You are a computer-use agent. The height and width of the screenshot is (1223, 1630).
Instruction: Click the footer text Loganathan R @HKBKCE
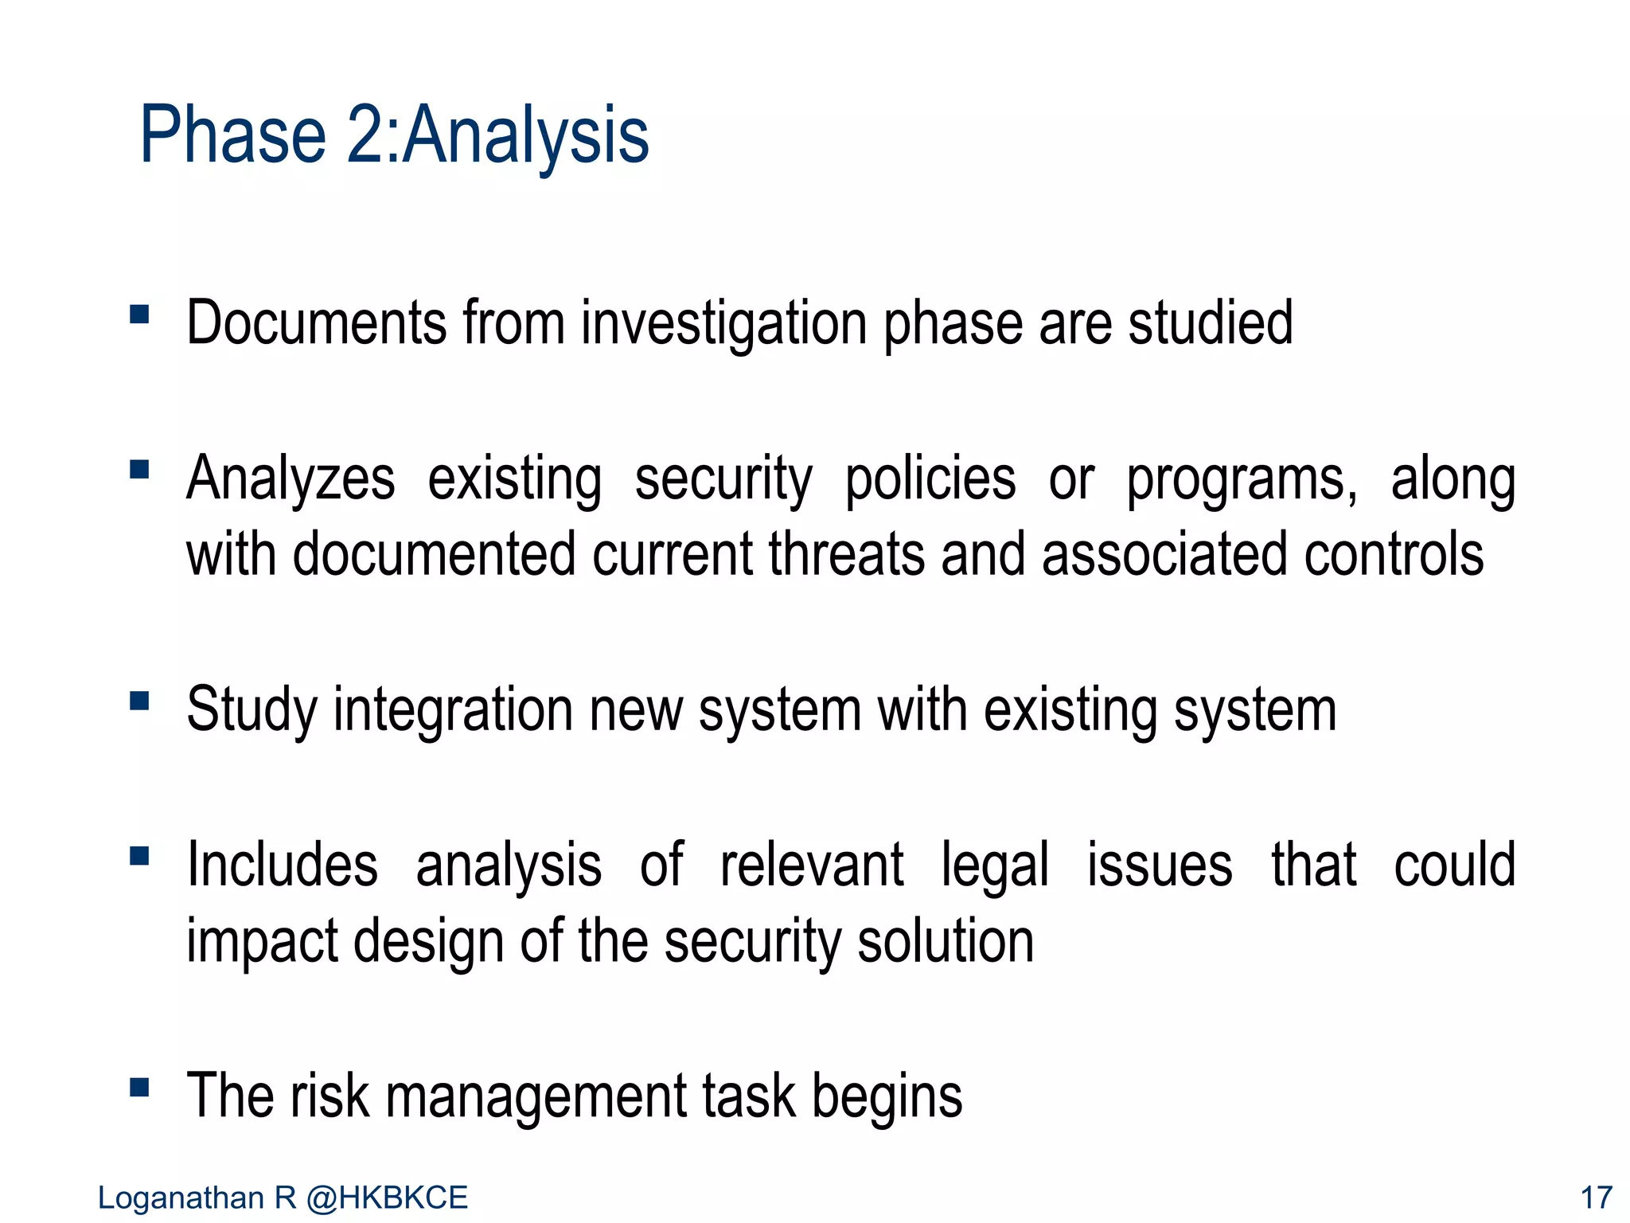[283, 1198]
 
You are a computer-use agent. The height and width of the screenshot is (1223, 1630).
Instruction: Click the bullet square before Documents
[139, 315]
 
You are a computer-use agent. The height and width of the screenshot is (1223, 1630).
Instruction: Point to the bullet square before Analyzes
[139, 470]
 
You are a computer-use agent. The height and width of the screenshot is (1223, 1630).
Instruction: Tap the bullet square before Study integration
[139, 701]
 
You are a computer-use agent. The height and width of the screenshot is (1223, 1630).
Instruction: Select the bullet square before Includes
[139, 856]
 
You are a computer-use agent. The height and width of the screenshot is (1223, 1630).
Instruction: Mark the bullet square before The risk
[139, 1087]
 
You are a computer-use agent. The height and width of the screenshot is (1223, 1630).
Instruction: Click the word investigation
[723, 324]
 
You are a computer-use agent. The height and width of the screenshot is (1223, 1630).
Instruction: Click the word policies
[930, 479]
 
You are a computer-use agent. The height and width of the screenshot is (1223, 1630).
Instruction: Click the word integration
[452, 711]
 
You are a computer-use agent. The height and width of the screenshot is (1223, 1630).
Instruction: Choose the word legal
[995, 866]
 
